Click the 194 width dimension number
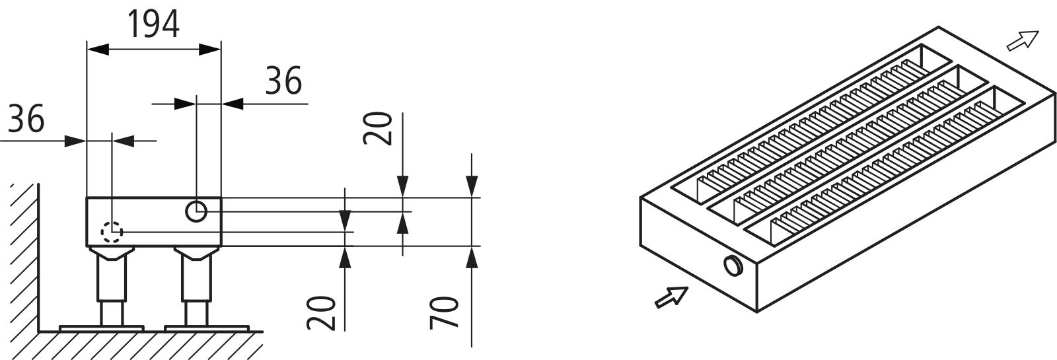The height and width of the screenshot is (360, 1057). pos(154,24)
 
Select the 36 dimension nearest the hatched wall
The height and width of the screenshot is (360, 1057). pos(26,118)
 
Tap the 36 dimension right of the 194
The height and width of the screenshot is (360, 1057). pos(283,80)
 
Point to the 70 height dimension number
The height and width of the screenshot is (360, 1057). pos(445,312)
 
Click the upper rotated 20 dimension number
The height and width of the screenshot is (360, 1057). pos(377,128)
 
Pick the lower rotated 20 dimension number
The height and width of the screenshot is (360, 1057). pos(321,313)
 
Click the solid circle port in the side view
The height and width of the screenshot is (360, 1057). pos(196,211)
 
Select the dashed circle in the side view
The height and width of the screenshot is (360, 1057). pos(112,232)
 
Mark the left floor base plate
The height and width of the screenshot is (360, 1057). pos(102,328)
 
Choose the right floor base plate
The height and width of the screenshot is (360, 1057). pos(207,328)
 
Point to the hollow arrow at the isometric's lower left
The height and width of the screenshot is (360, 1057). pos(671,297)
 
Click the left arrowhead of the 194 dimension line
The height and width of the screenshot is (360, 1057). pos(98,49)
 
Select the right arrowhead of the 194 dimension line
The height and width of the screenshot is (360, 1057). pos(210,49)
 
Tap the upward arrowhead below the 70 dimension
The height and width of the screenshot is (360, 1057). pos(472,257)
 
